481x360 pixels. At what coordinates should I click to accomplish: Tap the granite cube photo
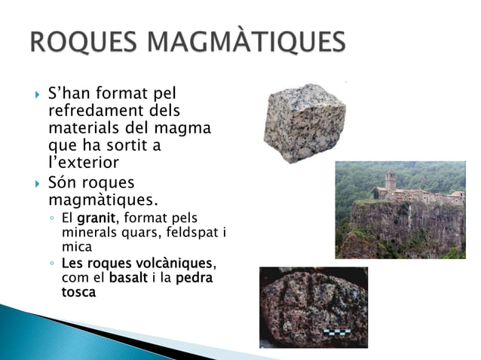[304, 122]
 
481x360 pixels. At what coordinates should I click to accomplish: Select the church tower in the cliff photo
[390, 181]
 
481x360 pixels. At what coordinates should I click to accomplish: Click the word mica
[77, 246]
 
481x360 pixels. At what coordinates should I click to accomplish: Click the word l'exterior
[84, 161]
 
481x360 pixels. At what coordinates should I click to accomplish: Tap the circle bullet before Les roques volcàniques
[49, 265]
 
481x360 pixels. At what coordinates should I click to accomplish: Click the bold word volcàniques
[178, 264]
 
